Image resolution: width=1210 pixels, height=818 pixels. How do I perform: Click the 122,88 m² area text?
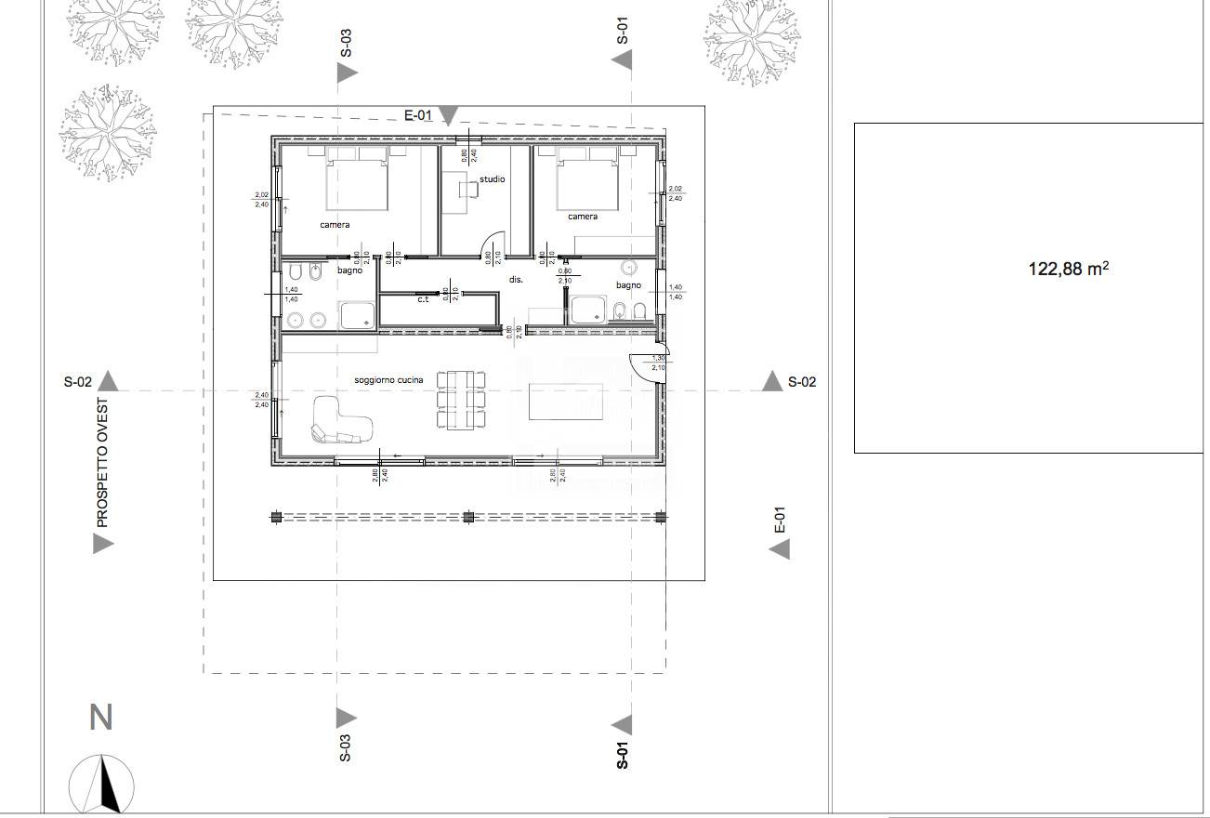1068,270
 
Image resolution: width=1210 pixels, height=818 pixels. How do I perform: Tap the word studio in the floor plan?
492,179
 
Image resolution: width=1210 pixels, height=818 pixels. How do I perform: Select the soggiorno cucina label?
388,380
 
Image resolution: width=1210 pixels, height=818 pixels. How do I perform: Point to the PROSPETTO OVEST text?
102,463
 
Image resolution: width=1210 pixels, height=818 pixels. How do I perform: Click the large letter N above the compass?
100,718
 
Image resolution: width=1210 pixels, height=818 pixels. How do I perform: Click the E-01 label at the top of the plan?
419,115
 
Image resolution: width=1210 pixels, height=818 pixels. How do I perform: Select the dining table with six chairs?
462,400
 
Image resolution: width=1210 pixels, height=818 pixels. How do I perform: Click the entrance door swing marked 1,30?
647,368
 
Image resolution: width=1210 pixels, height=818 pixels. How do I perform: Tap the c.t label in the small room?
423,299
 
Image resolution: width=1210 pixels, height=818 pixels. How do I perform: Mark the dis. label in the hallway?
516,279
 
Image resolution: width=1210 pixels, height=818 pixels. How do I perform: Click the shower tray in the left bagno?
357,315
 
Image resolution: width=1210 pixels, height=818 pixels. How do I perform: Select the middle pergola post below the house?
468,517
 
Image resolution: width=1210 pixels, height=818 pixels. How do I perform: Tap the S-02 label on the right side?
802,382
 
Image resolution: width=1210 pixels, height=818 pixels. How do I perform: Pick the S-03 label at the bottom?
345,747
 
